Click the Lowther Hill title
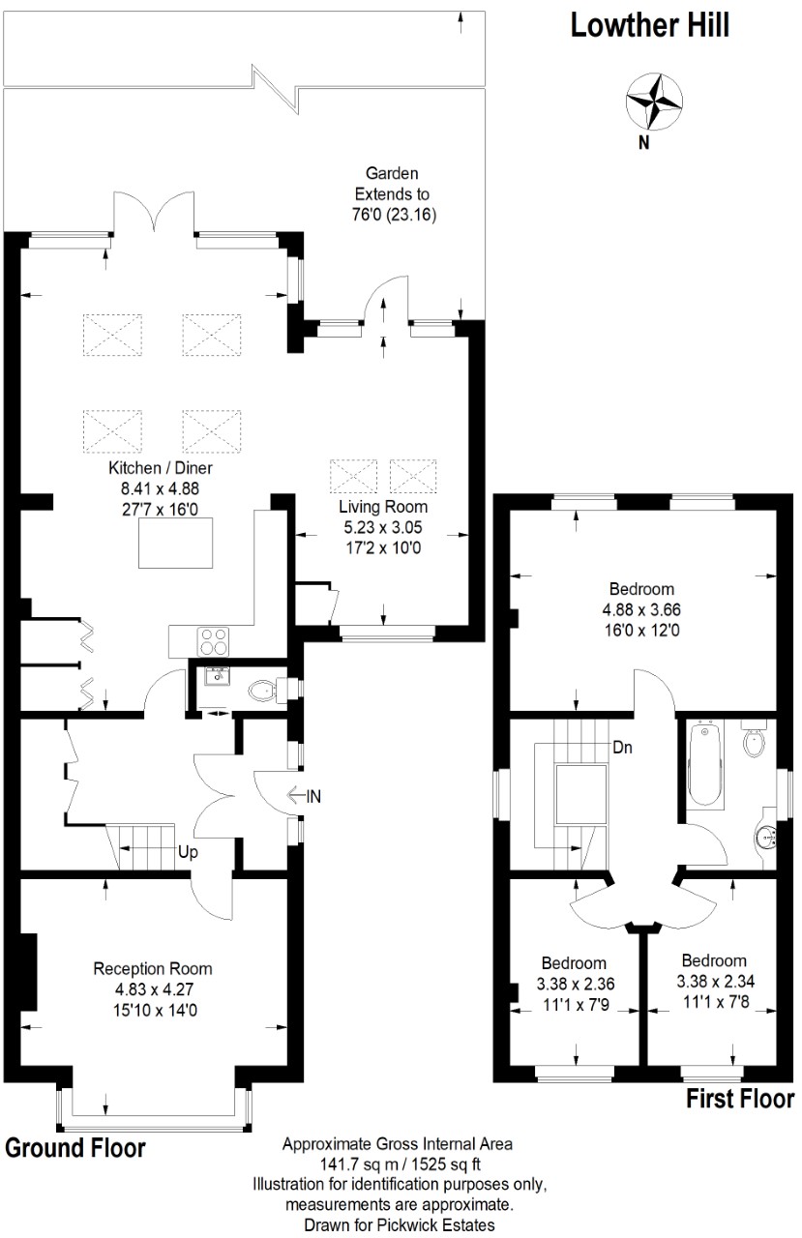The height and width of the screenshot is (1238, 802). [x=649, y=25]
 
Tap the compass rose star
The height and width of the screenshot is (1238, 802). [x=654, y=102]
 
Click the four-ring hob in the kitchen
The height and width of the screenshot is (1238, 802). [x=214, y=641]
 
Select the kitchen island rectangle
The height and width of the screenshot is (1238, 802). [x=176, y=543]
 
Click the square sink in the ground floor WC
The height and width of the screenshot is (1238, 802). [x=217, y=676]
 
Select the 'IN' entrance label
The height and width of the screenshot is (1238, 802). [x=313, y=796]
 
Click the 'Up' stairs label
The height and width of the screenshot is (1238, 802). [x=188, y=852]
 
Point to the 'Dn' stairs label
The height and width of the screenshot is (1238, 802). [x=622, y=748]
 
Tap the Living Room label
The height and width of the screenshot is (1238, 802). [x=383, y=506]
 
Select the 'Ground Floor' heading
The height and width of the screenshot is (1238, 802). [x=75, y=1148]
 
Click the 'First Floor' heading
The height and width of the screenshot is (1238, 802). [x=740, y=1099]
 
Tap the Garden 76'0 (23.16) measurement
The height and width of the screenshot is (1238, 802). [x=394, y=215]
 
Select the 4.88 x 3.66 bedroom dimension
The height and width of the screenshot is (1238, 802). [x=641, y=609]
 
